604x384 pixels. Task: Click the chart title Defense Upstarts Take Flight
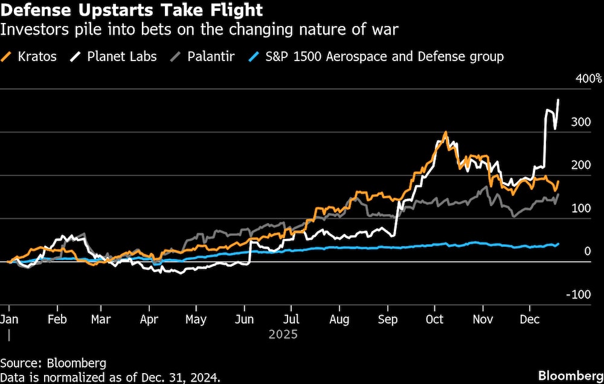tap(132, 10)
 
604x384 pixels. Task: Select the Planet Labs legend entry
tap(121, 57)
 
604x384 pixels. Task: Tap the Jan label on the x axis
tap(8, 319)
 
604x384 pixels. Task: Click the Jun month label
tap(245, 319)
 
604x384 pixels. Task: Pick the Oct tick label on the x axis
tap(435, 319)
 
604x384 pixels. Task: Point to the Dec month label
tap(530, 319)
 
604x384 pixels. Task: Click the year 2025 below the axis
tap(283, 333)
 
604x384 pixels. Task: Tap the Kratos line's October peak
tap(445, 132)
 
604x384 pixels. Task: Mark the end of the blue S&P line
tap(558, 244)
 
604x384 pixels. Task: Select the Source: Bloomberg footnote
tap(53, 363)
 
